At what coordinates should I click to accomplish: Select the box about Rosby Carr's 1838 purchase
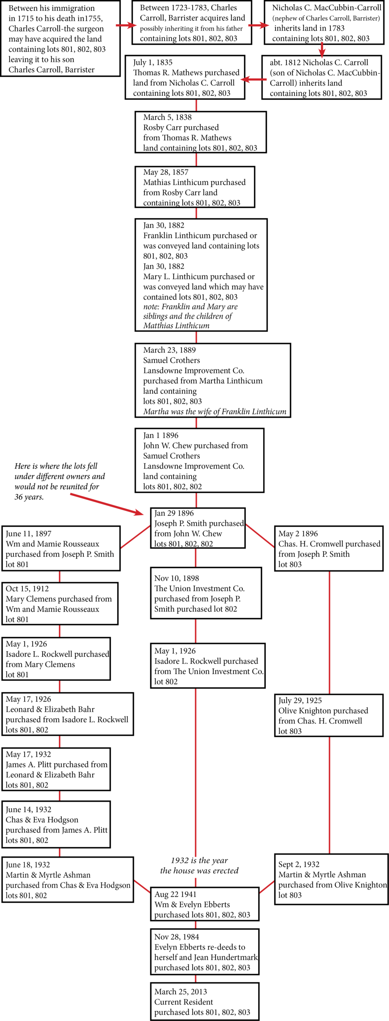[x=200, y=132]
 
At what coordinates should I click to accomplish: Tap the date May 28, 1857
[x=166, y=172]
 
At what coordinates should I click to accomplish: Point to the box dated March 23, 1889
[x=213, y=380]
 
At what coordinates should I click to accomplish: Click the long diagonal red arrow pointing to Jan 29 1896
[x=107, y=504]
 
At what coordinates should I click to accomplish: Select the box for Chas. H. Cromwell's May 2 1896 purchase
[x=329, y=548]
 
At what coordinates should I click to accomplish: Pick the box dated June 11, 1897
[x=61, y=548]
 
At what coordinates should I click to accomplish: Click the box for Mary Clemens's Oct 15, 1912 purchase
[x=60, y=603]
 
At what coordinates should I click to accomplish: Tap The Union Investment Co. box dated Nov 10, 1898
[x=206, y=593]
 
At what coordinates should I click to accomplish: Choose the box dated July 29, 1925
[x=329, y=715]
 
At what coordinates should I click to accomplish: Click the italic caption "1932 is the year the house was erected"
[x=199, y=865]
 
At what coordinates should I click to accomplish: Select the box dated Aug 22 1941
[x=204, y=904]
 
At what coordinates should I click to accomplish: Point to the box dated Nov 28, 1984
[x=204, y=952]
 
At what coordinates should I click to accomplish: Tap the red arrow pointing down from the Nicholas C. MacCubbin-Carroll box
[x=322, y=50]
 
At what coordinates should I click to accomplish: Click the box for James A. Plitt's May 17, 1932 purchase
[x=56, y=769]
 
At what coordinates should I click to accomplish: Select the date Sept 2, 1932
[x=299, y=864]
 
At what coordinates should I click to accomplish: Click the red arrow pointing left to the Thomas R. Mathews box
[x=253, y=80]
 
